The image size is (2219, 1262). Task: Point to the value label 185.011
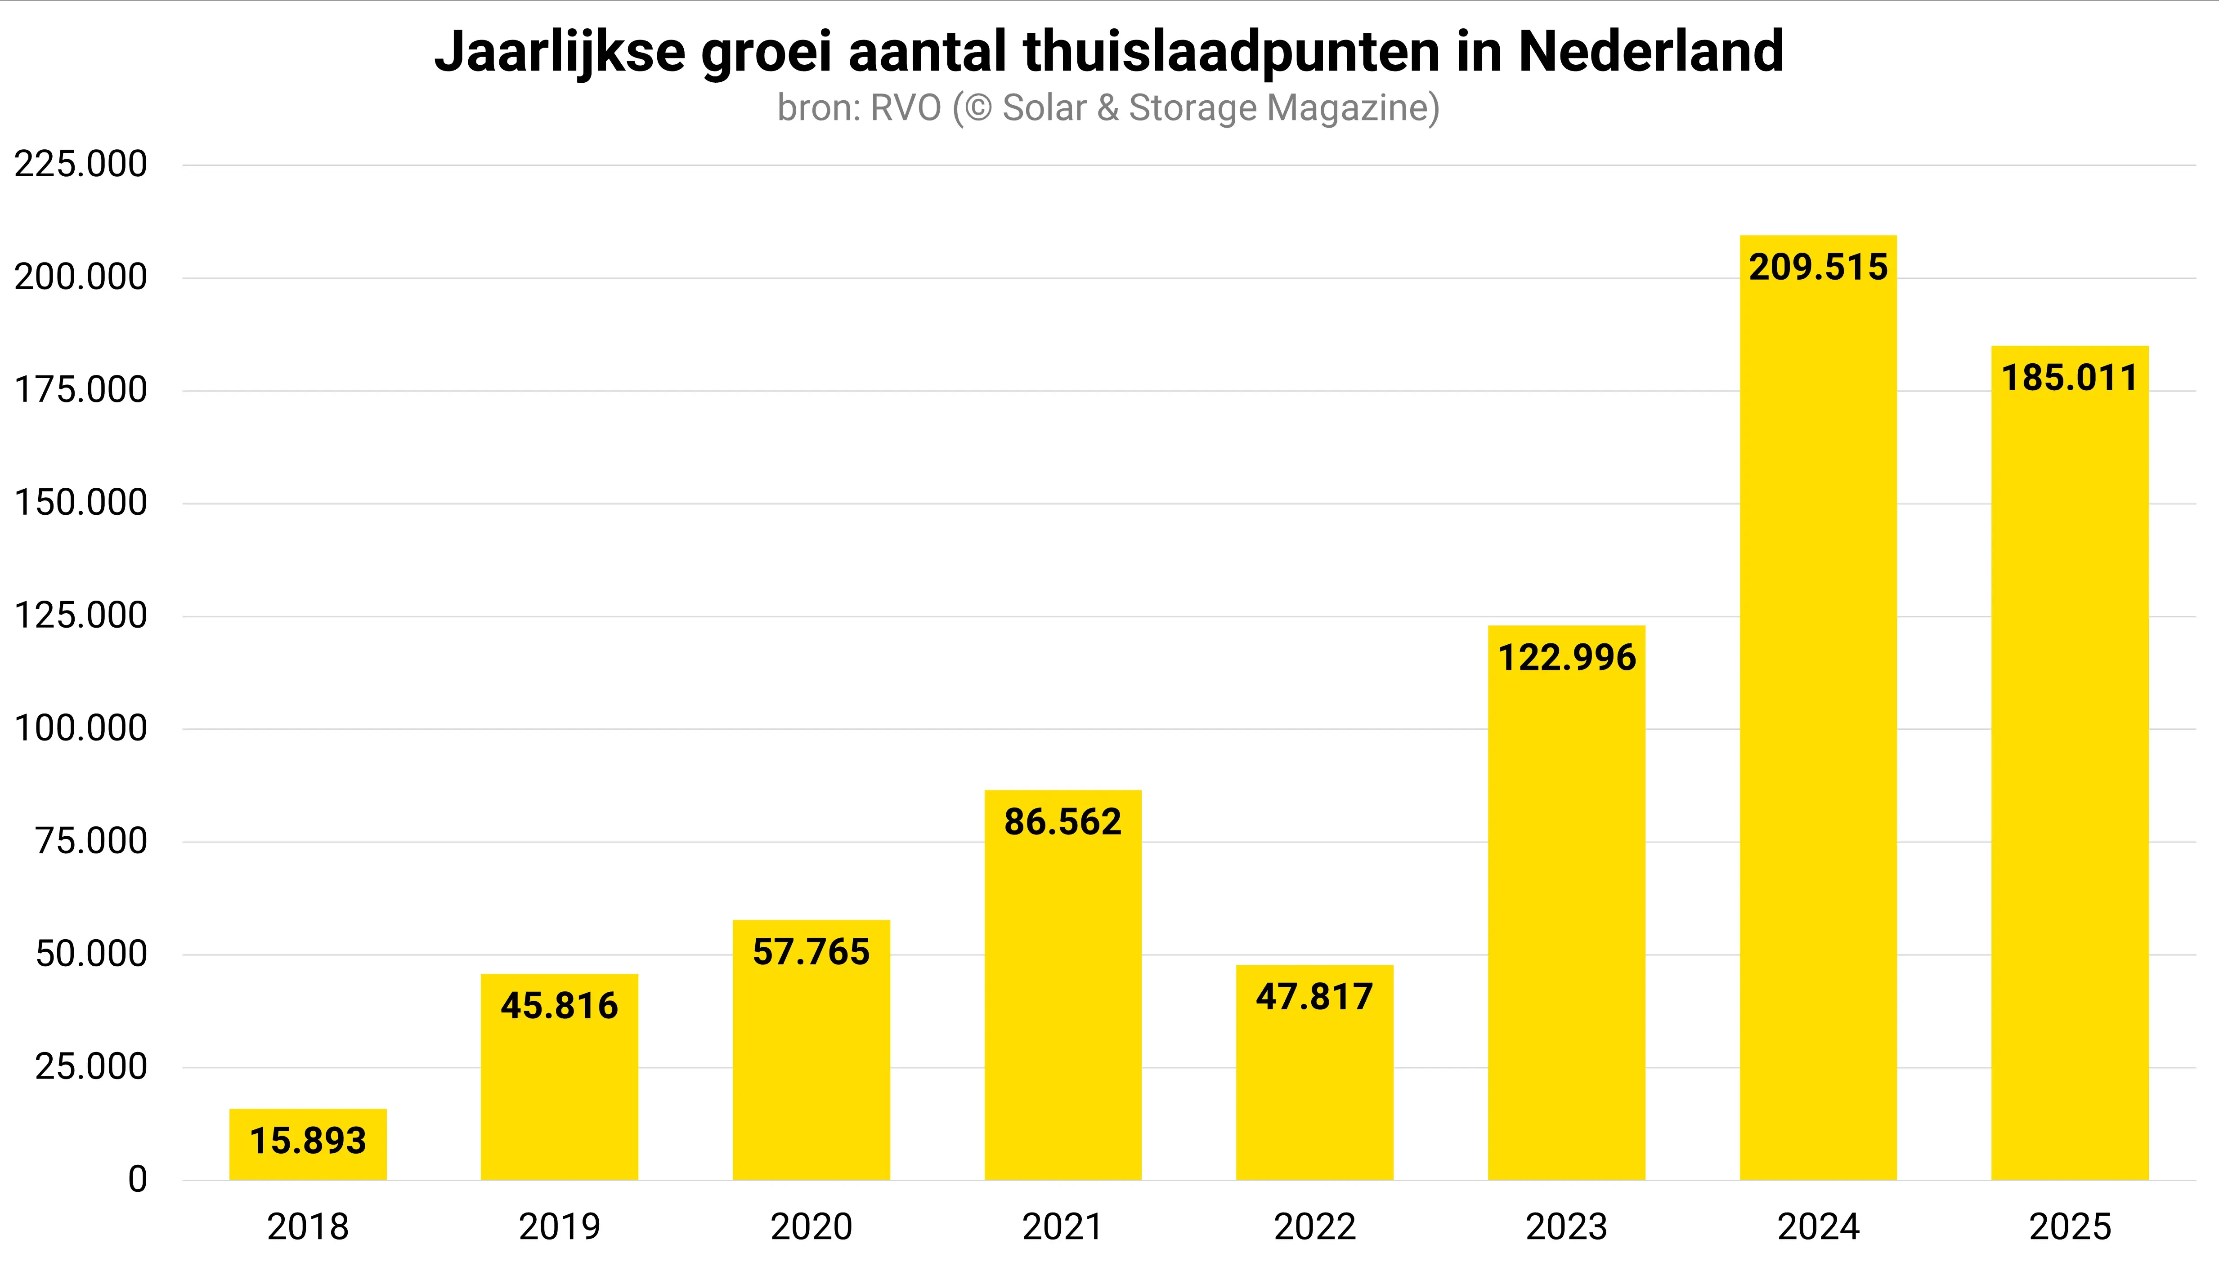(2069, 378)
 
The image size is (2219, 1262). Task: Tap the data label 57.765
(811, 952)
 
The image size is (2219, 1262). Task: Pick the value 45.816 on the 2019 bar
(559, 1005)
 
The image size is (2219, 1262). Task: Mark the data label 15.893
(308, 1141)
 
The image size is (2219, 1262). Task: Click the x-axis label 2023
(1566, 1226)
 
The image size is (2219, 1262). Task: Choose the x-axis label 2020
(811, 1226)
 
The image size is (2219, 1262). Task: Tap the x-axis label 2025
(2069, 1226)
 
